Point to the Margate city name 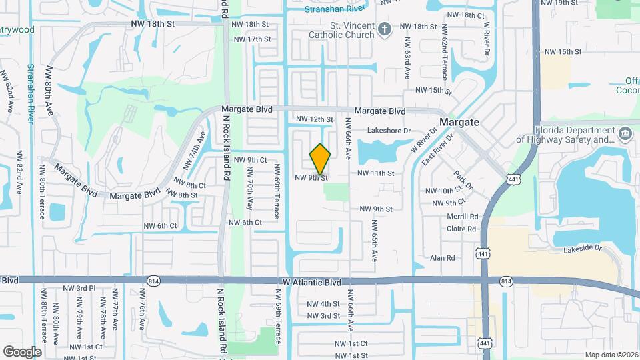[x=459, y=123]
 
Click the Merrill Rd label [x=463, y=216]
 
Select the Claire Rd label [x=461, y=229]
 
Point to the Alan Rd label [x=442, y=258]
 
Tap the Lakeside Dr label [x=582, y=247]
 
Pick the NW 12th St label [x=314, y=119]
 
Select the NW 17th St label [x=253, y=39]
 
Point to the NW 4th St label [x=323, y=303]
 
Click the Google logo [x=21, y=351]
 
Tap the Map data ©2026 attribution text [x=611, y=355]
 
